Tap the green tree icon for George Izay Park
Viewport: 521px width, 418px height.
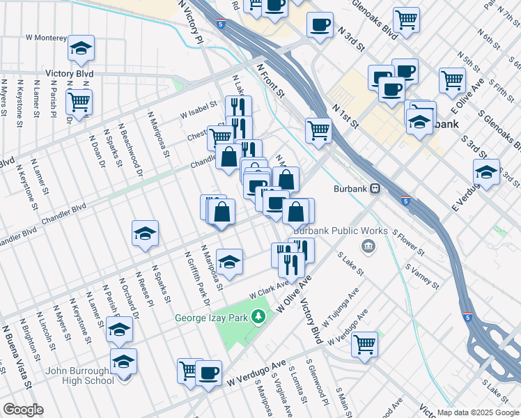pyautogui.click(x=259, y=317)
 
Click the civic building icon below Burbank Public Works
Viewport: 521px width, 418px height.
pyautogui.click(x=368, y=245)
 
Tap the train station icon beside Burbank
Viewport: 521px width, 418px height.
pyautogui.click(x=375, y=188)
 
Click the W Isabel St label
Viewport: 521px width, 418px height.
pyautogui.click(x=199, y=111)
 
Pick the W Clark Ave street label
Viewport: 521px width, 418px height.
pyautogui.click(x=265, y=288)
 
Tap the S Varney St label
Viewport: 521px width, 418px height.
pyautogui.click(x=421, y=277)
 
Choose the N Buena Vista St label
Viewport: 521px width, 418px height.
pyautogui.click(x=17, y=355)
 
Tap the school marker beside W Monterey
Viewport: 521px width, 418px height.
pyautogui.click(x=81, y=48)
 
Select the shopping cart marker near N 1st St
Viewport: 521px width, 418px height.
pyautogui.click(x=318, y=129)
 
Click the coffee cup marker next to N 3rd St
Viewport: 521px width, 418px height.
pyautogui.click(x=320, y=25)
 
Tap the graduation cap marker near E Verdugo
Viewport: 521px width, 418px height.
pyautogui.click(x=486, y=171)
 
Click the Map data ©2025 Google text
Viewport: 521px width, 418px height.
pyautogui.click(x=478, y=412)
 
